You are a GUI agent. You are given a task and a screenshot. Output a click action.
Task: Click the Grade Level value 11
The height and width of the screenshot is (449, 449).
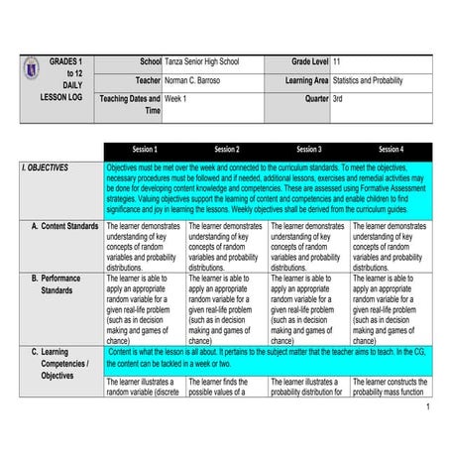click(x=339, y=61)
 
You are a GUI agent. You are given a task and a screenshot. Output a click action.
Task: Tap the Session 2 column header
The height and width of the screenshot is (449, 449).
click(x=226, y=149)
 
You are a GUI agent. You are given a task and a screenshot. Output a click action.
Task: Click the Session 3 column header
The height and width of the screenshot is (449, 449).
click(x=307, y=149)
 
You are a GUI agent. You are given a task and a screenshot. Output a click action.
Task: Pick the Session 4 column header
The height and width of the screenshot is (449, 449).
click(x=390, y=149)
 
